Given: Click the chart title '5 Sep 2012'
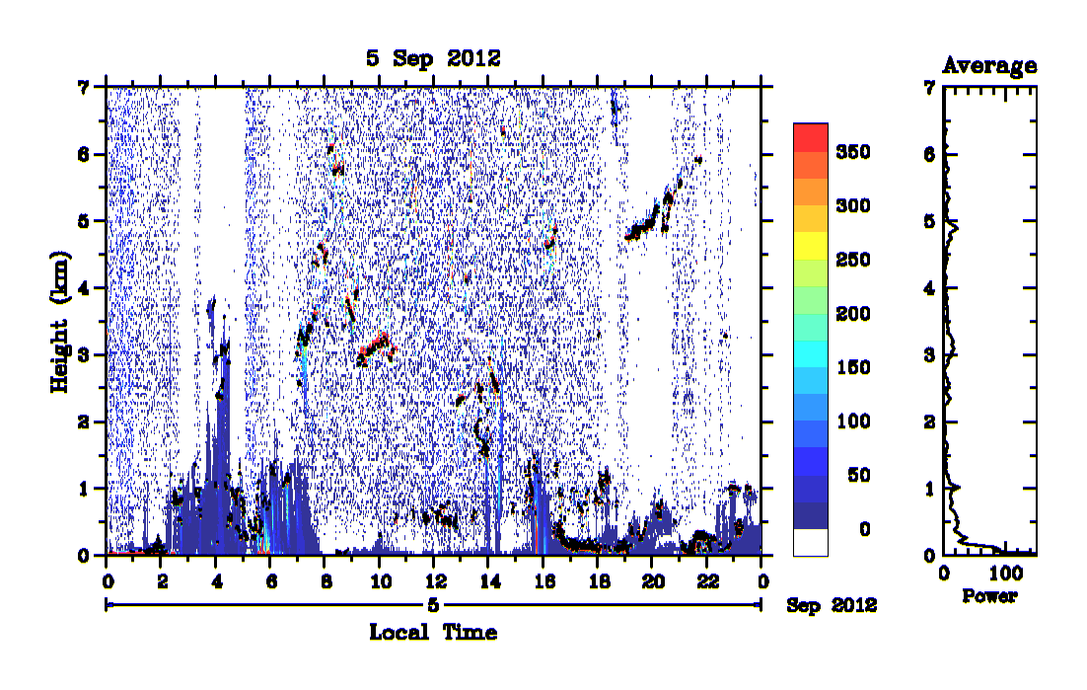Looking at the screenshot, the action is click(x=433, y=58).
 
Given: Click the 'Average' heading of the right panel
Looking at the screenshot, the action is click(x=989, y=66).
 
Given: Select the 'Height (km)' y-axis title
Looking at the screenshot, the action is click(x=60, y=322).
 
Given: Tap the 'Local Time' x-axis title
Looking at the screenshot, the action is click(x=433, y=632).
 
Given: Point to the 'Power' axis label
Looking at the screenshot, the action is click(x=989, y=595).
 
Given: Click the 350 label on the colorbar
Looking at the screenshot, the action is click(x=852, y=152).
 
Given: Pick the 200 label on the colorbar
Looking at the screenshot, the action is click(x=852, y=314).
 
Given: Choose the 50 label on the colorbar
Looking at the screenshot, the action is click(x=858, y=475).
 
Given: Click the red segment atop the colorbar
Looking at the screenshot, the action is click(x=811, y=137).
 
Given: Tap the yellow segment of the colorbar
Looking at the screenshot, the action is click(x=811, y=246).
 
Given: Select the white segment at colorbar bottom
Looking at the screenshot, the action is click(x=811, y=542).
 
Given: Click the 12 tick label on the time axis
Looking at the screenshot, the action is click(x=435, y=581).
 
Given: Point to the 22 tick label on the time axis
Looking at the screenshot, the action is click(x=707, y=581).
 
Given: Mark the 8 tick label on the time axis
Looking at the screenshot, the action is click(x=326, y=581).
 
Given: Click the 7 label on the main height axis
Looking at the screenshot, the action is click(x=84, y=88).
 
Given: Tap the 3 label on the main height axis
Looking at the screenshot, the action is click(x=84, y=355).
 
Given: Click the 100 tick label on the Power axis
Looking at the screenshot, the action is click(x=1005, y=574).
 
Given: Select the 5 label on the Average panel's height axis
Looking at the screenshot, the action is click(x=929, y=221).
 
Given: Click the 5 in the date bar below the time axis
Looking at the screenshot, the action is click(x=433, y=605).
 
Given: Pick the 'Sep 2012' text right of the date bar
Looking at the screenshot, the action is click(x=832, y=605).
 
